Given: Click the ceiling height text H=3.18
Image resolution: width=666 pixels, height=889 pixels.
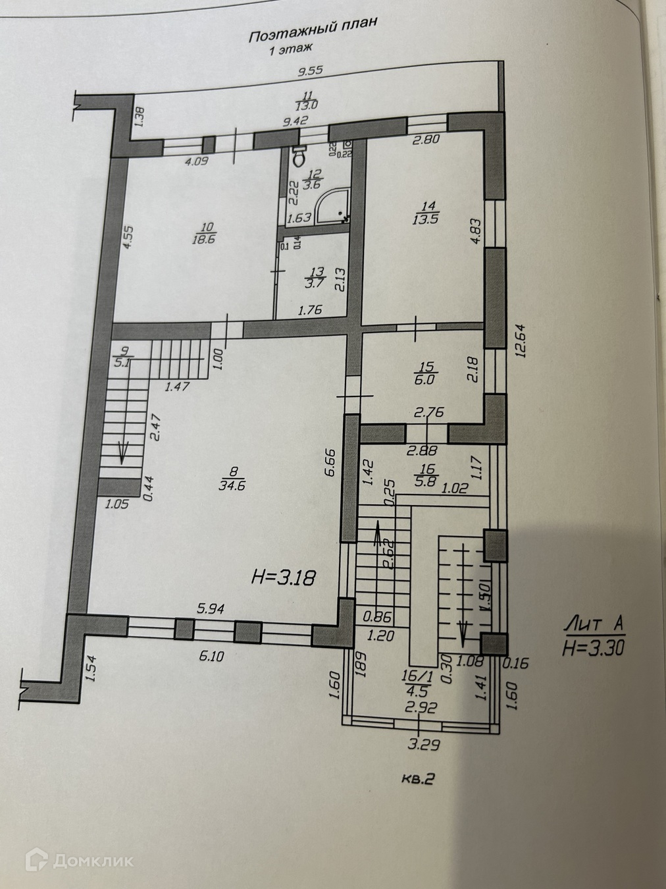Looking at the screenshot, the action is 285,578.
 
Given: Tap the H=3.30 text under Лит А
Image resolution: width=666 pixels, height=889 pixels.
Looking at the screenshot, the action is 593,648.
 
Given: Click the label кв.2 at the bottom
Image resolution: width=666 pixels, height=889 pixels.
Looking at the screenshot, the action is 419,779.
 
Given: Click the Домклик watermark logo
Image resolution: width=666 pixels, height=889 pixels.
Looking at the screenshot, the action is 84,860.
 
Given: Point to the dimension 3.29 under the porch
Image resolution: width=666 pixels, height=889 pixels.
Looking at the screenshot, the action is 423,745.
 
